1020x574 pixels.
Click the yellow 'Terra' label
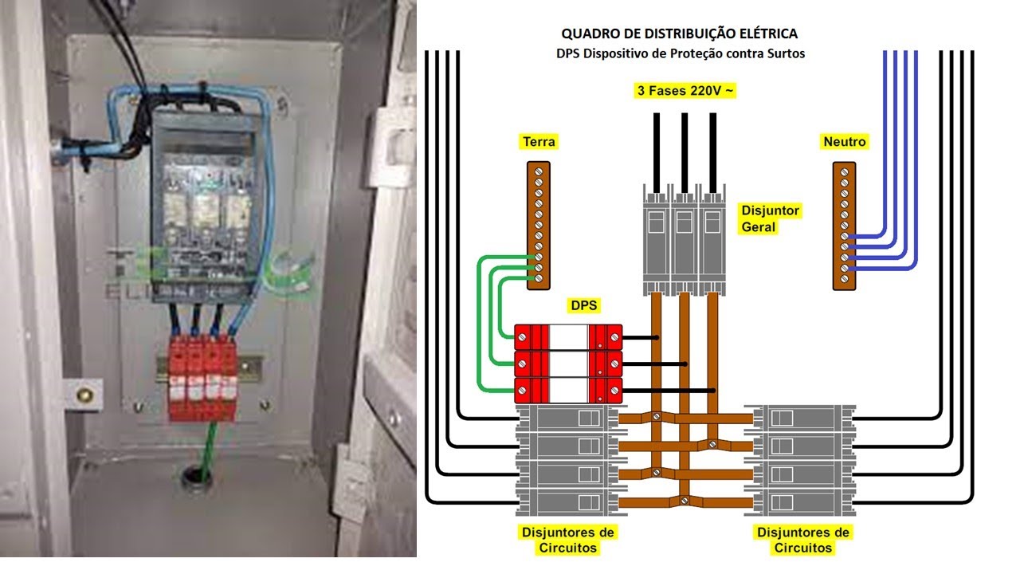pyautogui.click(x=539, y=142)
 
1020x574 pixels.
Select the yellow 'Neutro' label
pyautogui.click(x=844, y=142)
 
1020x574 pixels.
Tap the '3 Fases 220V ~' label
pyautogui.click(x=685, y=91)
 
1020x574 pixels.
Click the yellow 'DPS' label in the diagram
pyautogui.click(x=584, y=306)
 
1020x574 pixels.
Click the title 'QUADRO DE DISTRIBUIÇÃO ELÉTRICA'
pyautogui.click(x=679, y=33)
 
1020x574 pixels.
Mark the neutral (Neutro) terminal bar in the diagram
pyautogui.click(x=844, y=226)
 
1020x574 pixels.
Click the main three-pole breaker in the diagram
pyautogui.click(x=684, y=238)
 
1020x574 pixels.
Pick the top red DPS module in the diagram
pyautogui.click(x=567, y=337)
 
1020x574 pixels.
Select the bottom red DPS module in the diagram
pyautogui.click(x=567, y=390)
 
